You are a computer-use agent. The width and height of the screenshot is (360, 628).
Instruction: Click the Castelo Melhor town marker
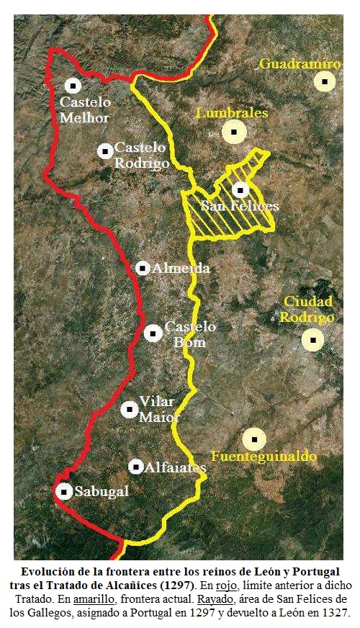pos(73,86)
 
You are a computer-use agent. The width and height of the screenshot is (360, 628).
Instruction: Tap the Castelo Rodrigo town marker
pos(105,151)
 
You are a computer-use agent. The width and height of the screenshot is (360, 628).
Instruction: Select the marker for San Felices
pos(240,190)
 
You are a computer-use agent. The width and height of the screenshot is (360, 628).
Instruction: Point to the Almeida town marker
pos(143,268)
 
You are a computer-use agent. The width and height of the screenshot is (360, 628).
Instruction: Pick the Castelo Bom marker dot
pos(153,333)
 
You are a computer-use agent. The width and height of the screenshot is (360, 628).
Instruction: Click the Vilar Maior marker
pos(129,409)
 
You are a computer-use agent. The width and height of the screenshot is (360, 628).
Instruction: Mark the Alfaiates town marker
pos(136,467)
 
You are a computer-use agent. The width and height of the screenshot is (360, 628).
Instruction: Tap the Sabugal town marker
pos(64,491)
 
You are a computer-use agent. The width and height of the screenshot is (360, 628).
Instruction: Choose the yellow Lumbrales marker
pos(234,132)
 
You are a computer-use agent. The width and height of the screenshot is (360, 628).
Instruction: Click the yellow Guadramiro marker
pos(325,81)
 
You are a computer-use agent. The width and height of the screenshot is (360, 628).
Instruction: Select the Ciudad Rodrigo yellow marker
pos(312,339)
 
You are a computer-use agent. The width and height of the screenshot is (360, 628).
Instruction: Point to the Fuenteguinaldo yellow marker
pos(254,439)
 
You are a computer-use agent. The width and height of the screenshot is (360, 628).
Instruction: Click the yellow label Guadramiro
pos(300,64)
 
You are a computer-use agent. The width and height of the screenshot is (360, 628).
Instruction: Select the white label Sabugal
pos(102,492)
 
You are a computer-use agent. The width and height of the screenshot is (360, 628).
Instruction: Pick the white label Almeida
pos(181,269)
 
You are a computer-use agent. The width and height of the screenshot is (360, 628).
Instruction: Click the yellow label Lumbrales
pos(232,113)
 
